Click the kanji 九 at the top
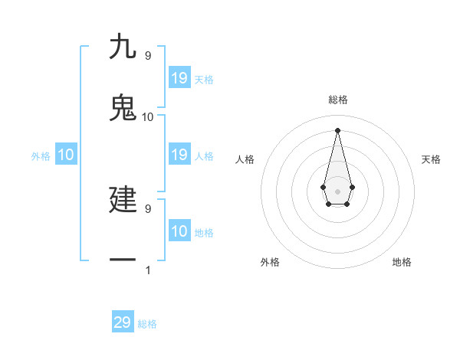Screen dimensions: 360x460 tap(123, 47)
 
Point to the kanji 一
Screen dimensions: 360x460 tap(123, 260)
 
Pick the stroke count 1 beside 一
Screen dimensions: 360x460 tap(147, 270)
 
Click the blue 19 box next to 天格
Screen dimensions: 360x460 tap(179, 78)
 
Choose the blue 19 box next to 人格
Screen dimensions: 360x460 tap(179, 155)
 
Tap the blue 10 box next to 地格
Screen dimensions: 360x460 tap(179, 231)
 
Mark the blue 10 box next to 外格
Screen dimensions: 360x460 tap(66, 155)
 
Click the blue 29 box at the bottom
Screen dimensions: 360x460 tap(123, 322)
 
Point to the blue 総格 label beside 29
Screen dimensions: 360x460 tap(147, 324)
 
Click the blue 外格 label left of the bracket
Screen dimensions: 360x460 tap(41, 156)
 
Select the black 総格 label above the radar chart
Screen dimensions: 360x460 tap(337, 100)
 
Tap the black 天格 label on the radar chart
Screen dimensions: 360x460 tap(431, 159)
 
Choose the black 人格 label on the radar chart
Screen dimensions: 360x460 tap(245, 159)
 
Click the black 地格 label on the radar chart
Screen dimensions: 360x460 tap(402, 262)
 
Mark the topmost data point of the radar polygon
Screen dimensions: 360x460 tap(337, 129)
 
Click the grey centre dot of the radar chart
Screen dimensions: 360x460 tap(337, 191)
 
